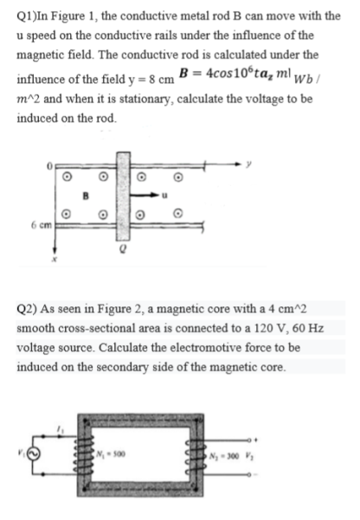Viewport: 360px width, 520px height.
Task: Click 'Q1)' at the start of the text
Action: (x=27, y=10)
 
